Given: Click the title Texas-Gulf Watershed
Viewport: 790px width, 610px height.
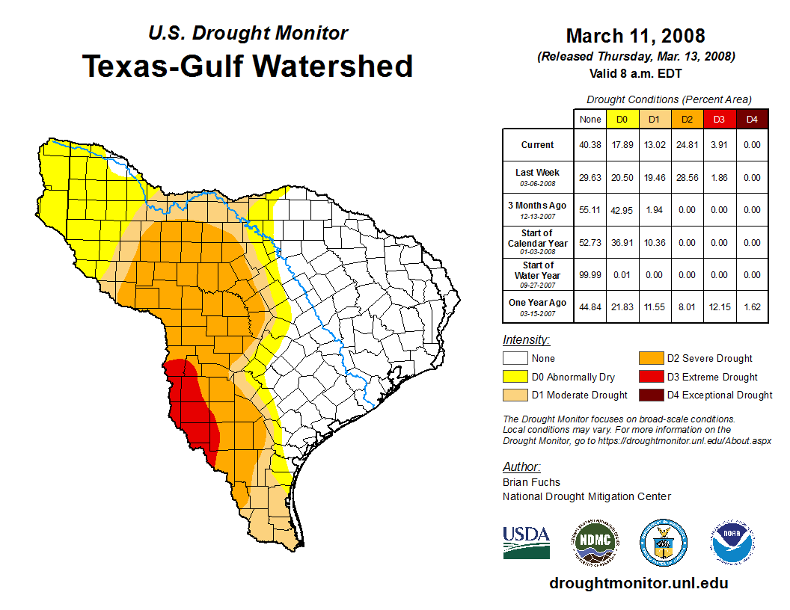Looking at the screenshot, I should point(247,67).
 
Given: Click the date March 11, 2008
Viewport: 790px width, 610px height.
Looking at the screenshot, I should point(635,36).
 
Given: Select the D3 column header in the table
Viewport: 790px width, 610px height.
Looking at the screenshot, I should point(718,119).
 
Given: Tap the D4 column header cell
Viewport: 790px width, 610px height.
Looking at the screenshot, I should point(752,119).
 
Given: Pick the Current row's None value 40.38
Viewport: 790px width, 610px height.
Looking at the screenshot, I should point(590,145).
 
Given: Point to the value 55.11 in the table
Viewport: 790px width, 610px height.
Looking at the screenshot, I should point(590,210).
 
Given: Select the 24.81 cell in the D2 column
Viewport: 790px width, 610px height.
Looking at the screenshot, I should point(686,145).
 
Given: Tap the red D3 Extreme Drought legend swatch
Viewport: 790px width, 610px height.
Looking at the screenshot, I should point(649,377).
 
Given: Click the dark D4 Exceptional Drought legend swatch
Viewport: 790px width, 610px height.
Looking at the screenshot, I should point(649,395).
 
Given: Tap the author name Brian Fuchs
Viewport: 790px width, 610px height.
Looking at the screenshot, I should point(531,482).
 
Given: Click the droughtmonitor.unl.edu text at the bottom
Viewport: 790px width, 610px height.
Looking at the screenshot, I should point(638,583).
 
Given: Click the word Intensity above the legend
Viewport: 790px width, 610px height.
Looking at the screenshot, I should point(526,340).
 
